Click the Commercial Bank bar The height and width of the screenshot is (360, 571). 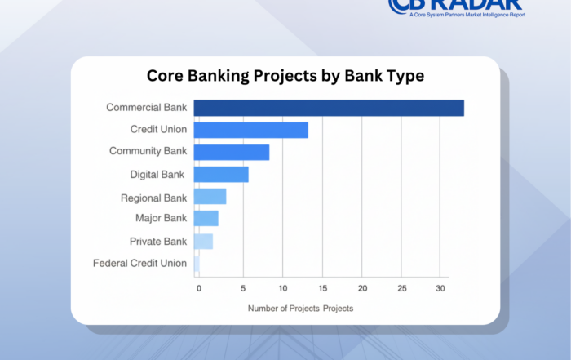coord(329,108)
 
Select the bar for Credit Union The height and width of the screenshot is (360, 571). coord(250,130)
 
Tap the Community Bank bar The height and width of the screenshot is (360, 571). coord(231,152)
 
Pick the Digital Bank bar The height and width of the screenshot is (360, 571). coord(220,174)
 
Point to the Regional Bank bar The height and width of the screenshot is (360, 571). coord(210,197)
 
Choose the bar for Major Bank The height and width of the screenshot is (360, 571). coord(206,218)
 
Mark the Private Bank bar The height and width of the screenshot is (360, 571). coord(203,241)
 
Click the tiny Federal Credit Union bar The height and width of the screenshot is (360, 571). coord(197,263)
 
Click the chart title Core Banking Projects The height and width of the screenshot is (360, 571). coord(285,76)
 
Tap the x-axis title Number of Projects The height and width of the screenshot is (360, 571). coord(300,309)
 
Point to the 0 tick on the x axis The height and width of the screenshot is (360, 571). coord(197,288)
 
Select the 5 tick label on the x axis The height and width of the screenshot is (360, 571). coord(242,288)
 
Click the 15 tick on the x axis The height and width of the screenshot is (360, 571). coord(322,288)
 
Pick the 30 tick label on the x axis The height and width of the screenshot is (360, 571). coord(440,288)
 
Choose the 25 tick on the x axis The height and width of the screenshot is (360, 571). coord(401,288)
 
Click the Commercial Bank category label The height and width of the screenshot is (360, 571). coord(146,107)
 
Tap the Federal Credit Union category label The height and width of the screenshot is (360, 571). coord(139,263)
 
